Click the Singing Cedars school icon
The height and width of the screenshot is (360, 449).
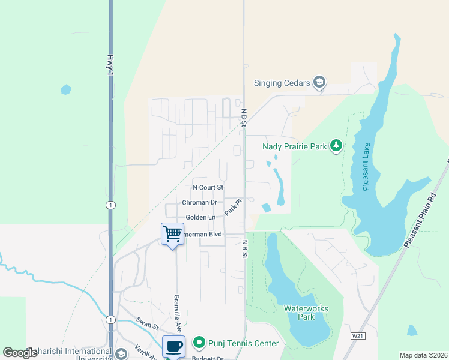pyautogui.click(x=320, y=83)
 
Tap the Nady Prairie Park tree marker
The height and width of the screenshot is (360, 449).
pyautogui.click(x=336, y=146)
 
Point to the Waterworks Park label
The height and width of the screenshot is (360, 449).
pyautogui.click(x=306, y=313)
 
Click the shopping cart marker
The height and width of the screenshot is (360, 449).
pyautogui.click(x=173, y=233)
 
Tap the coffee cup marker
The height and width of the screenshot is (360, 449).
pyautogui.click(x=174, y=346)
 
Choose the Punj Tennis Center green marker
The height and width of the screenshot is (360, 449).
pyautogui.click(x=200, y=343)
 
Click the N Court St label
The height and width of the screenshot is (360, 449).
pyautogui.click(x=208, y=188)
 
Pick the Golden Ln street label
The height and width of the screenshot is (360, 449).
pyautogui.click(x=200, y=217)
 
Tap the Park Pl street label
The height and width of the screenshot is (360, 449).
pyautogui.click(x=232, y=208)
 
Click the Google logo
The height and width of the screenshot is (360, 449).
pyautogui.click(x=20, y=353)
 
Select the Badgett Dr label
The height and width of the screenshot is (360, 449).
pyautogui.click(x=207, y=358)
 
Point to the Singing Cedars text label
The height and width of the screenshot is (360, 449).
pyautogui.click(x=282, y=83)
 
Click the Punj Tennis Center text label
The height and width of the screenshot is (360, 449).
pyautogui.click(x=243, y=343)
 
